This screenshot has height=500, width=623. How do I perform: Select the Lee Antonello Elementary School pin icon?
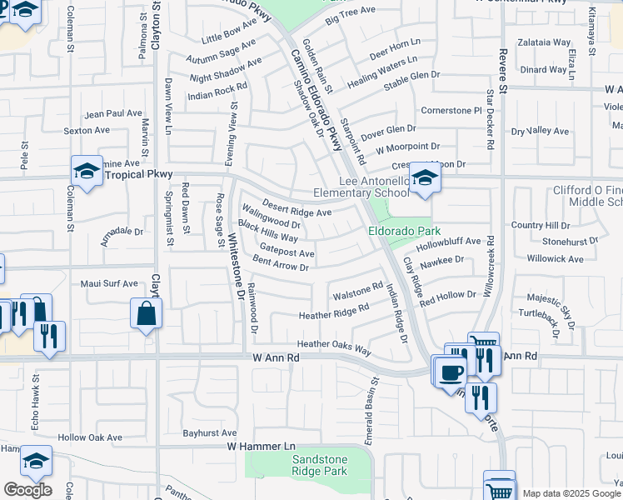point(424,178)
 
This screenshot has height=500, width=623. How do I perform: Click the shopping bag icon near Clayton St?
point(146,315)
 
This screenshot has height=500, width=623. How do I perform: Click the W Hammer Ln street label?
point(262,447)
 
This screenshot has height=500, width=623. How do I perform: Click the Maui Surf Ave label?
point(109,284)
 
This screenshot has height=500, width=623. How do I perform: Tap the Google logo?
point(27,490)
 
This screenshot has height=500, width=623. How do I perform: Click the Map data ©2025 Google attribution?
point(571,493)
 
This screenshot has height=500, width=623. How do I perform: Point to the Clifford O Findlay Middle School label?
point(588,196)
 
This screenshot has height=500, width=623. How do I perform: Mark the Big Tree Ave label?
point(352,15)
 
